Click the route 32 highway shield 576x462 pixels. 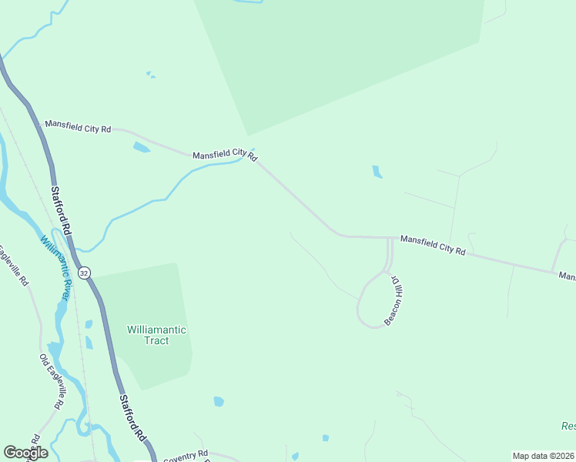pos(84,273)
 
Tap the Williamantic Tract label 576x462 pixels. pos(156,335)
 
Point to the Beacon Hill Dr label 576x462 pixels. pos(394,300)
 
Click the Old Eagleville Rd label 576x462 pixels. pos(51,381)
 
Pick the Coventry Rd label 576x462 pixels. pos(186,454)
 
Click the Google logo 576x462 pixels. pos(25,453)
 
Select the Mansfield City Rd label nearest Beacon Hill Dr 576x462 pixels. pos(433,246)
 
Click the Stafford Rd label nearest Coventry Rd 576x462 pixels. pos(132,418)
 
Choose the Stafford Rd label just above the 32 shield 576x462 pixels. pos(61,209)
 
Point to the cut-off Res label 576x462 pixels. pos(568,426)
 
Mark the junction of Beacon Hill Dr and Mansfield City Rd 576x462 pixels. pos(390,239)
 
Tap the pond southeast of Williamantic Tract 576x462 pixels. pos(219,401)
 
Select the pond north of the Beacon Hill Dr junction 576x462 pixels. pos(377,172)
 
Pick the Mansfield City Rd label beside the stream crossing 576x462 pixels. pos(224,155)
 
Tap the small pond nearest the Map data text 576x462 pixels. pos(326,438)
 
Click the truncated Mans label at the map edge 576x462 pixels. pos(567,276)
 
